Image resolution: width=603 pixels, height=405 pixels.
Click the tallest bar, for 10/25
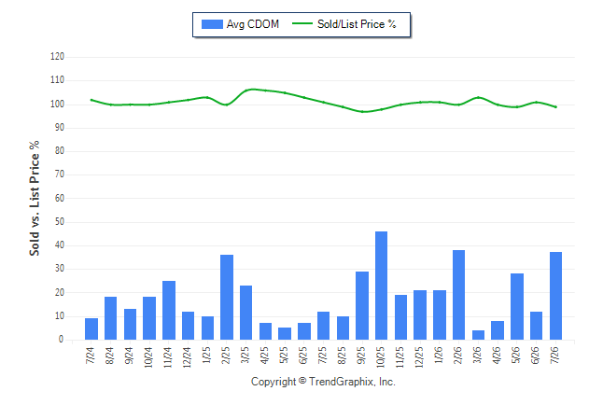point(381,286)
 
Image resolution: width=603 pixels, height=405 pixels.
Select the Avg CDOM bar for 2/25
point(227,298)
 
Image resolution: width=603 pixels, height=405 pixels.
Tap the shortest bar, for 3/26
point(478,335)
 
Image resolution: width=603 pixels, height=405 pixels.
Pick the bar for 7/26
point(555,296)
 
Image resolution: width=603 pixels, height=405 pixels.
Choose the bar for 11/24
point(169,311)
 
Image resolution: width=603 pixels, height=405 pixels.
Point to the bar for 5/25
point(285,333)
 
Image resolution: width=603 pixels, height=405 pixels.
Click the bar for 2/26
point(459,295)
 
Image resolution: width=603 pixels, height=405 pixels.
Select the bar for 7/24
point(91,328)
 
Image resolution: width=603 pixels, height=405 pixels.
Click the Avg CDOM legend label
point(253,24)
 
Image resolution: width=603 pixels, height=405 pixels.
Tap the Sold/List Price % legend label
point(357,24)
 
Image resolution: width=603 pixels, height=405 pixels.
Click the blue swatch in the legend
point(212,24)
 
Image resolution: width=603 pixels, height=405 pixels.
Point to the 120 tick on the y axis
point(57,57)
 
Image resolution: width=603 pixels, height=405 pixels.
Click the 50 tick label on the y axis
point(59,222)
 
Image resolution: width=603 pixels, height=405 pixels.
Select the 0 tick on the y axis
point(62,340)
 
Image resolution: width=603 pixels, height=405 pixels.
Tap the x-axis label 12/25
point(419,357)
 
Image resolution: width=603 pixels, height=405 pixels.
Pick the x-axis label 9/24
point(129,356)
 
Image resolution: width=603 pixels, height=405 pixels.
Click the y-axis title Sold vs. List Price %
point(35,199)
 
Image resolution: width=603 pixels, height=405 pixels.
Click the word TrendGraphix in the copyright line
point(342,382)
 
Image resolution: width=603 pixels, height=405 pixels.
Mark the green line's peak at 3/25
point(252,90)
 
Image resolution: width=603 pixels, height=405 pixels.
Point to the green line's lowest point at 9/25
point(362,112)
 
